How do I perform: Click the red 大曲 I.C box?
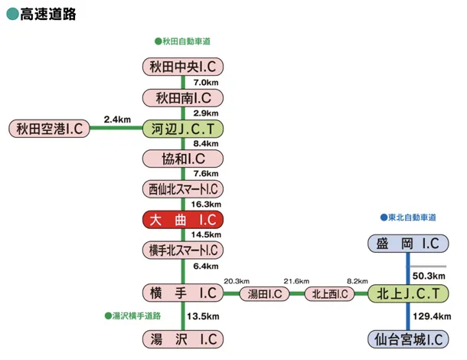point(183,220)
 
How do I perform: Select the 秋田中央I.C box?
point(183,67)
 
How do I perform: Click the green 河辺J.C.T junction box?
point(183,128)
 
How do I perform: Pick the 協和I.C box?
point(183,159)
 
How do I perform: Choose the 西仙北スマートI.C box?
point(183,189)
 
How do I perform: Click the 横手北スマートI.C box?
point(183,250)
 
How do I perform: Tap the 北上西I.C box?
point(330,293)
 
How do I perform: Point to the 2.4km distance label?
point(117,119)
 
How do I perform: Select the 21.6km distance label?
point(296,281)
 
